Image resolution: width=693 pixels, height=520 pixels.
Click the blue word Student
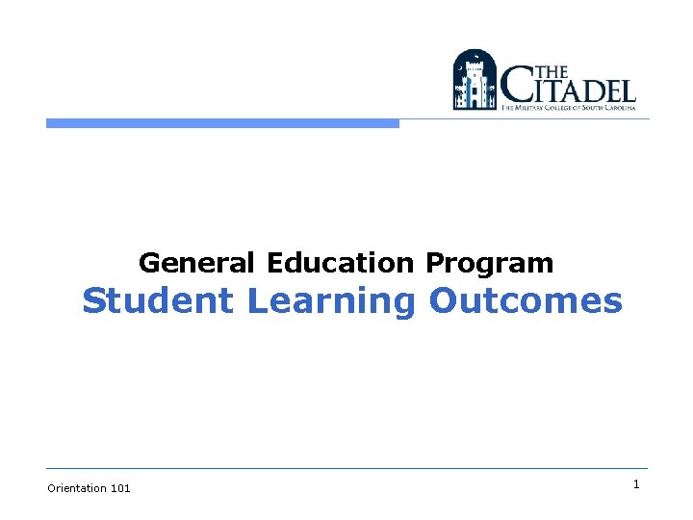click(159, 300)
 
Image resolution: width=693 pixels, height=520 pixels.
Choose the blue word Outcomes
click(526, 300)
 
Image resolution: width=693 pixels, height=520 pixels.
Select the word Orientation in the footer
click(77, 488)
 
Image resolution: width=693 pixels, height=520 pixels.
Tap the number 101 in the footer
click(120, 488)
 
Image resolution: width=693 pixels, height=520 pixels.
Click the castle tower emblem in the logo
click(474, 80)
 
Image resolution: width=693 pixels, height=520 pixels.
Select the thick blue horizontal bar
click(222, 123)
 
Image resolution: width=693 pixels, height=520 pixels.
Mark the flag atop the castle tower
click(475, 56)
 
